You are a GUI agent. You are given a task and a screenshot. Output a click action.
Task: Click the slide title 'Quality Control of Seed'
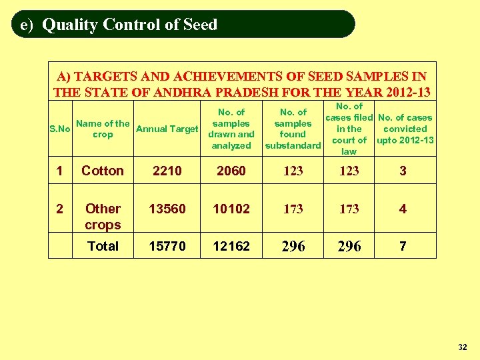pyautogui.click(x=129, y=25)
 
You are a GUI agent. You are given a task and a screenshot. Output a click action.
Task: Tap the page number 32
pyautogui.click(x=463, y=347)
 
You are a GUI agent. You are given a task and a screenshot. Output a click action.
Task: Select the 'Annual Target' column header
pyautogui.click(x=167, y=129)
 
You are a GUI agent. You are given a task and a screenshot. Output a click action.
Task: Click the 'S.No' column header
pyautogui.click(x=60, y=129)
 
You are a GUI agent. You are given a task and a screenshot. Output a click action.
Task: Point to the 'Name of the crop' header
pyautogui.click(x=103, y=129)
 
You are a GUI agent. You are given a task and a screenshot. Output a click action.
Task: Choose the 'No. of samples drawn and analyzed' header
pyautogui.click(x=231, y=129)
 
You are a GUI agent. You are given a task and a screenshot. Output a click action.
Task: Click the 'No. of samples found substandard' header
pyautogui.click(x=293, y=129)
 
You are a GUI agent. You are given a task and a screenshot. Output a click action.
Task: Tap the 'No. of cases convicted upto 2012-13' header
pyautogui.click(x=405, y=129)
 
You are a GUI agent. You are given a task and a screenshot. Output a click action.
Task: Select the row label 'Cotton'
pyautogui.click(x=103, y=171)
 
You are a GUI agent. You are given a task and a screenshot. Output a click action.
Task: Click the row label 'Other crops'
pyautogui.click(x=103, y=217)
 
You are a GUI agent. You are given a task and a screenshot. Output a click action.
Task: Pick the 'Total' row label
pyautogui.click(x=103, y=246)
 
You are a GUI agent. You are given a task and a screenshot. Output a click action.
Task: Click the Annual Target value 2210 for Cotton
pyautogui.click(x=167, y=171)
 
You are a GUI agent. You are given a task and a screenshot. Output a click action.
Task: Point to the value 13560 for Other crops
pyautogui.click(x=167, y=209)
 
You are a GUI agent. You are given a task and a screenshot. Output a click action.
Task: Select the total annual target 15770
pyautogui.click(x=167, y=246)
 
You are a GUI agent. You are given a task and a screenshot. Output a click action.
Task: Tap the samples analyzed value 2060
pyautogui.click(x=231, y=171)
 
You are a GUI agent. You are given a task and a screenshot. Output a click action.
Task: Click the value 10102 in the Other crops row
pyautogui.click(x=231, y=209)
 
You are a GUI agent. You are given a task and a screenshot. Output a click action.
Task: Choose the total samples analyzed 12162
pyautogui.click(x=231, y=246)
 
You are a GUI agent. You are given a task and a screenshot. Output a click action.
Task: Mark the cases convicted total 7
pyautogui.click(x=403, y=246)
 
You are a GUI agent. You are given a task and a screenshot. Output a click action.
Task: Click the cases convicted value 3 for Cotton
pyautogui.click(x=403, y=171)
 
